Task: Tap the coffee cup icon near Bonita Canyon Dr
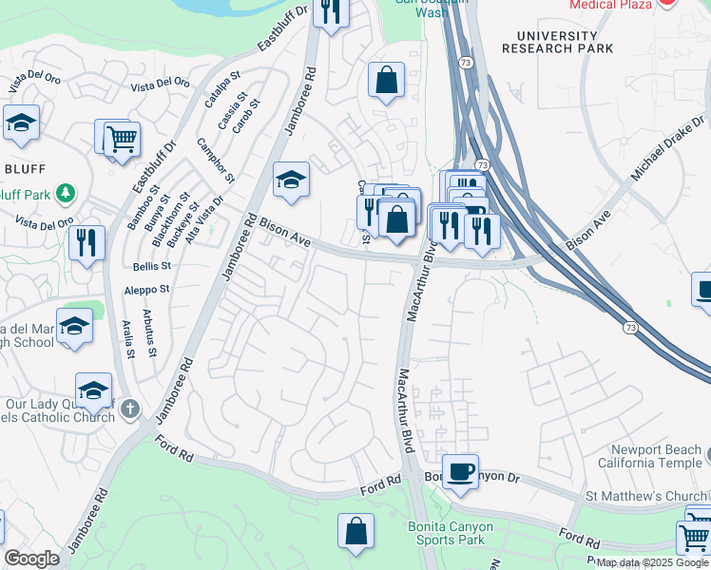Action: (x=461, y=470)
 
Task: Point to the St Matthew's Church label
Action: (x=645, y=496)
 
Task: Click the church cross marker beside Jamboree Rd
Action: (x=131, y=410)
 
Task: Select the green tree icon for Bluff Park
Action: (x=65, y=195)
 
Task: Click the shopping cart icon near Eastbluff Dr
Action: (x=122, y=139)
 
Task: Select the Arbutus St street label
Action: (x=149, y=332)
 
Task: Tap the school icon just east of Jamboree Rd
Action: (x=292, y=179)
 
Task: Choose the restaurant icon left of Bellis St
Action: (x=86, y=242)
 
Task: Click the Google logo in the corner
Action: (x=32, y=559)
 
